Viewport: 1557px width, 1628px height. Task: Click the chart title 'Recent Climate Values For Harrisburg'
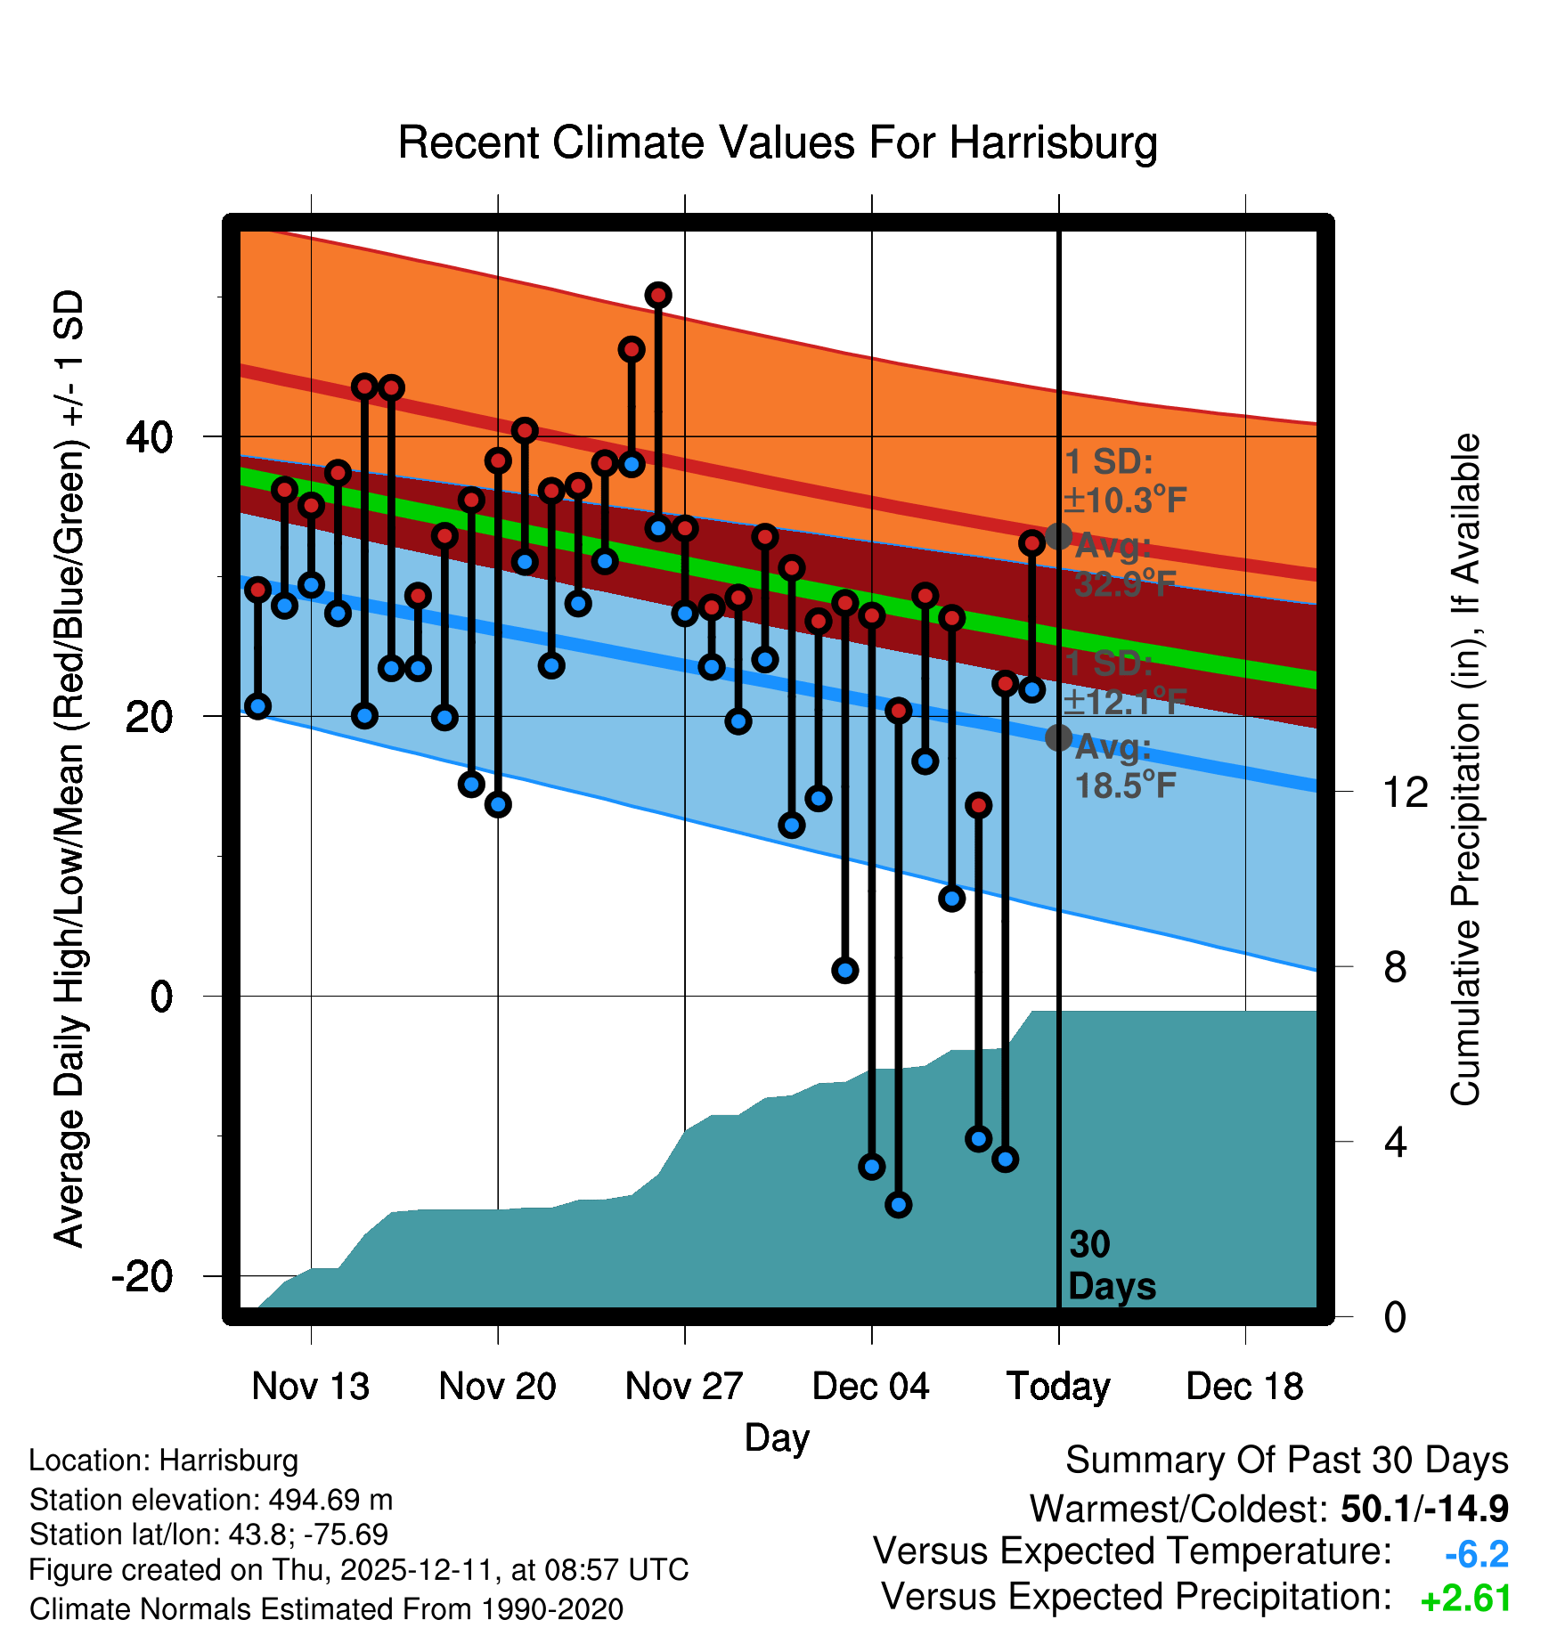pyautogui.click(x=777, y=142)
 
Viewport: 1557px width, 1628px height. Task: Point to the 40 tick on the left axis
pyautogui.click(x=149, y=437)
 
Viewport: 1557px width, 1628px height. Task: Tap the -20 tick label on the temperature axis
pyautogui.click(x=142, y=1276)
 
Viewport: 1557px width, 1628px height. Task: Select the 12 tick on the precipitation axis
pyautogui.click(x=1406, y=792)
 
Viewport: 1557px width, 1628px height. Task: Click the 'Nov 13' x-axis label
pyautogui.click(x=310, y=1386)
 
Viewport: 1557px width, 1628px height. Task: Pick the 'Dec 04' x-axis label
pyautogui.click(x=870, y=1386)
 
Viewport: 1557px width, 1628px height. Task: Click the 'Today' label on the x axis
pyautogui.click(x=1058, y=1386)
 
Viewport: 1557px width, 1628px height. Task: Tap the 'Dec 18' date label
pyautogui.click(x=1244, y=1386)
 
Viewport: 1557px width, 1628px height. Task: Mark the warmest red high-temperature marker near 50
pyautogui.click(x=658, y=295)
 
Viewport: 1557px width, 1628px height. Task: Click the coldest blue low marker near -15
pyautogui.click(x=898, y=1205)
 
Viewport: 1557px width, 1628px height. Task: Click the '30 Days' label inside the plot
pyautogui.click(x=1110, y=1266)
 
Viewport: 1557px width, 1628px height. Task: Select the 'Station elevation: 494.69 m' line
pyautogui.click(x=211, y=1500)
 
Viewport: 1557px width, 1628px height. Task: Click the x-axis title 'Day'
pyautogui.click(x=777, y=1437)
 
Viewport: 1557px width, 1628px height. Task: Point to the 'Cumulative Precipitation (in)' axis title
pyautogui.click(x=1465, y=770)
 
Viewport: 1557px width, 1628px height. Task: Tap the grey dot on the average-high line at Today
pyautogui.click(x=1058, y=536)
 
